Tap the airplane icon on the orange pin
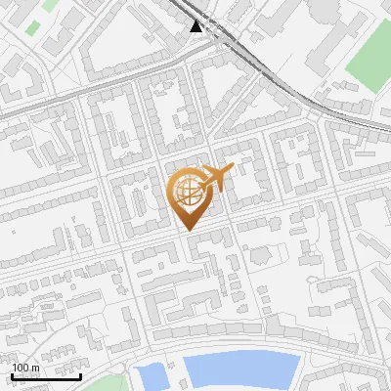[x=214, y=177]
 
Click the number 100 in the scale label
[x=21, y=368]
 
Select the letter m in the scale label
[x=34, y=368]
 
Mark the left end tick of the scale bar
[x=11, y=375]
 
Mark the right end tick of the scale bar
[x=80, y=375]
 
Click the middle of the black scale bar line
[x=45, y=376]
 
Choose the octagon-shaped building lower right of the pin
[x=258, y=255]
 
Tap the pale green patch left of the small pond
[x=114, y=382]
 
